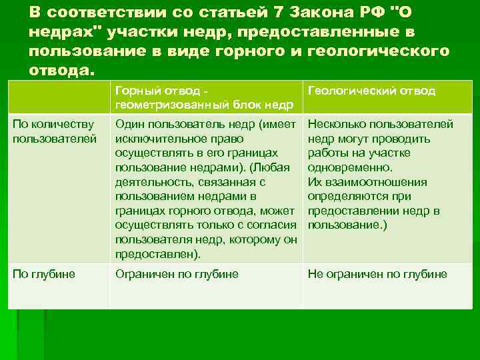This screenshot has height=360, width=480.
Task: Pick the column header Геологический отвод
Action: point(371,91)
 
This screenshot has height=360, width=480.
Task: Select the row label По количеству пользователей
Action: point(55,131)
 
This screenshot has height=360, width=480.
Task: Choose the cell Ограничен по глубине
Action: point(177,274)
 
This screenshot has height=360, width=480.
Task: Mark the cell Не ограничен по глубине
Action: point(377,274)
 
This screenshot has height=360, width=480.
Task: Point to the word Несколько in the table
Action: point(336,124)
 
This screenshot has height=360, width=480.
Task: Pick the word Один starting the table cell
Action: point(129,124)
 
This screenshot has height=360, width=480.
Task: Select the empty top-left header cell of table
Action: point(59,97)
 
